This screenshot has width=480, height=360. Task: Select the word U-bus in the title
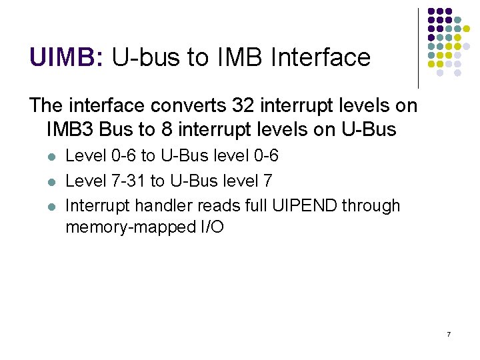(148, 57)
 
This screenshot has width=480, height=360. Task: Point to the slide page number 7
(449, 333)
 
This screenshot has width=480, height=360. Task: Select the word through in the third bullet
(371, 205)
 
